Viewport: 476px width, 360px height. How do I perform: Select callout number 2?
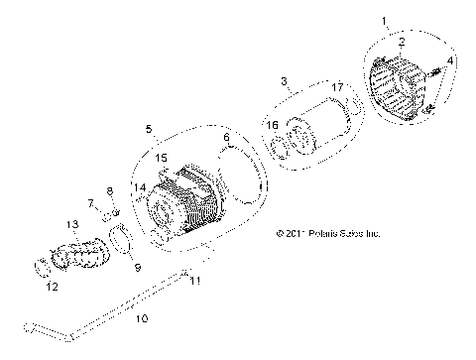(401, 42)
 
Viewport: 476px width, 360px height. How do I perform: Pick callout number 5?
(149, 129)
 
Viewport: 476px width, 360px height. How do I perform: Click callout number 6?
(226, 137)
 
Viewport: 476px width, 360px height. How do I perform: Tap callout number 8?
(110, 190)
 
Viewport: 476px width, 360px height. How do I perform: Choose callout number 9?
(137, 268)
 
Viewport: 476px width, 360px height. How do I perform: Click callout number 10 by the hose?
(141, 319)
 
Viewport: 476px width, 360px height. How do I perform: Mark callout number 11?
(194, 282)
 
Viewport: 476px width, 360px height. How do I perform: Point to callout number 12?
(52, 288)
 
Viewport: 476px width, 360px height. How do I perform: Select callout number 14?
(139, 186)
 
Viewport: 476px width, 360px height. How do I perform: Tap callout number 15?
(162, 158)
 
